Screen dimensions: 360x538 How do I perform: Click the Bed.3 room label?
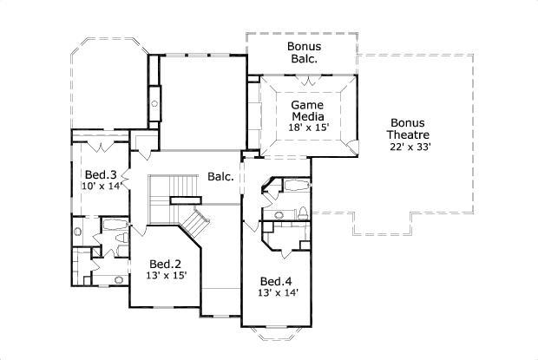[x=100, y=174]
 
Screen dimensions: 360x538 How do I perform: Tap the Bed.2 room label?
[x=165, y=265]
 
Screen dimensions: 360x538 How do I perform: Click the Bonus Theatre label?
[x=410, y=128]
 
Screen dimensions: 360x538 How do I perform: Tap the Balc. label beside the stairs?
[x=220, y=177]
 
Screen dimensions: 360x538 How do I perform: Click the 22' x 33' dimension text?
[x=410, y=147]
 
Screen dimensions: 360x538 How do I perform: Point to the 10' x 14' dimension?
[x=100, y=187]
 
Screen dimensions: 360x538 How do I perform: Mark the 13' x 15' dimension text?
[x=165, y=277]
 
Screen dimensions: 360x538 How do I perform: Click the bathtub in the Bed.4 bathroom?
[x=292, y=187]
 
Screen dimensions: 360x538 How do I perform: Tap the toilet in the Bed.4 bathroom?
[x=302, y=214]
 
